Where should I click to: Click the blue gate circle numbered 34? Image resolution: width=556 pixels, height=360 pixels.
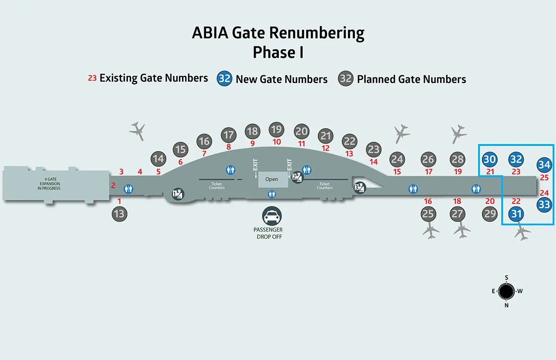coord(544,164)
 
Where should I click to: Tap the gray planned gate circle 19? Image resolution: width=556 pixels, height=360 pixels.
coord(277,129)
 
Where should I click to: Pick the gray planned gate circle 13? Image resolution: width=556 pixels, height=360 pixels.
coord(119,214)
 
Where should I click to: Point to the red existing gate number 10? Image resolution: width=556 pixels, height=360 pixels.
coord(277,142)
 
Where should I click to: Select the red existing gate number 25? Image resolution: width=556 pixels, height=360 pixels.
coord(544,177)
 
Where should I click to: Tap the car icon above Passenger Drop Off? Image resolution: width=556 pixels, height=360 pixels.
coord(272,215)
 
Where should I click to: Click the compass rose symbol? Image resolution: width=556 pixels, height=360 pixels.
coord(507,291)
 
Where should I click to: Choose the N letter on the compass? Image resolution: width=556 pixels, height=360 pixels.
coord(507,305)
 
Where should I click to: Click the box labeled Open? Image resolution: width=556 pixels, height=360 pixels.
coord(272,179)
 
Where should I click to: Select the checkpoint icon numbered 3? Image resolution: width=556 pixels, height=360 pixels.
coord(360,187)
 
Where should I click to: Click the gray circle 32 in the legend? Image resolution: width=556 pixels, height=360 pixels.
coord(346,78)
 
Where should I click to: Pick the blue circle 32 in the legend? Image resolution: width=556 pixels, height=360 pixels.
coord(224,78)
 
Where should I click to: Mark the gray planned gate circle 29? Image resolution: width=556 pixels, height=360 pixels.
coord(490,214)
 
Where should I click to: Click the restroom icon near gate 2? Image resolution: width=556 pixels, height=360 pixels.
coord(129,189)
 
